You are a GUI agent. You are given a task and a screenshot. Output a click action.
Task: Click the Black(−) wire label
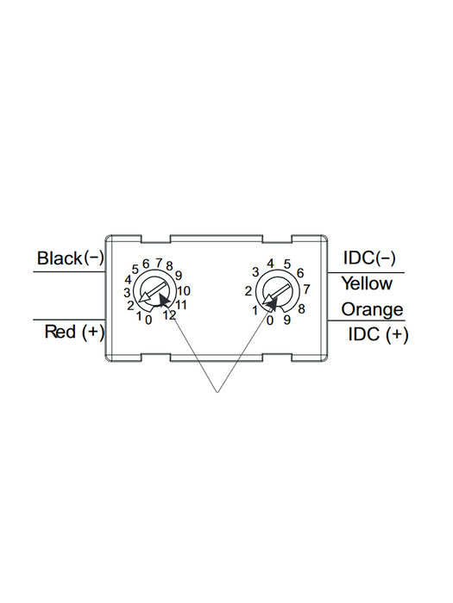[71, 258]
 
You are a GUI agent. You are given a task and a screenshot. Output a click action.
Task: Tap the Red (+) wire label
[74, 332]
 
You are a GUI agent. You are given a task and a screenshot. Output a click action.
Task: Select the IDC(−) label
[369, 258]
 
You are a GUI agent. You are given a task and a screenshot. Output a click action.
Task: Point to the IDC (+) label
[378, 334]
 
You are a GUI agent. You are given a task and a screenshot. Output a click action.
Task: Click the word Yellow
[367, 283]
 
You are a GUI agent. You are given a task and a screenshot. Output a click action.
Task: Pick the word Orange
[372, 309]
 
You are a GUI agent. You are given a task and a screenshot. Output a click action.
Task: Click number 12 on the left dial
[169, 315]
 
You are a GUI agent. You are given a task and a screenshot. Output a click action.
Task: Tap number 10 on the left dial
[184, 291]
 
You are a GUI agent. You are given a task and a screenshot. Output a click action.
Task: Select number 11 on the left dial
[181, 305]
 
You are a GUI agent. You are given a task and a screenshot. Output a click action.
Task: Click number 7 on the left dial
[159, 263]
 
